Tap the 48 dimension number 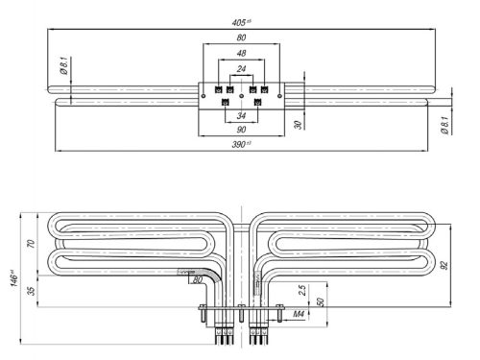239,54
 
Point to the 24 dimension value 239,68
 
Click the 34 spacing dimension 239,116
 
